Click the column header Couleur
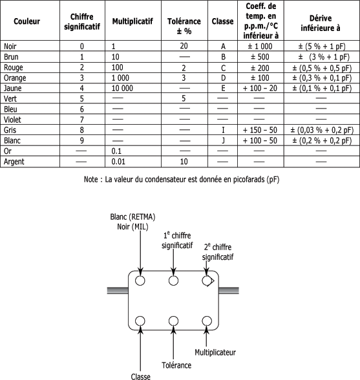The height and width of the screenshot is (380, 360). (26, 21)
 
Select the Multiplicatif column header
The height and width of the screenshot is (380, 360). (132, 21)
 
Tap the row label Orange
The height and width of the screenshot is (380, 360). (15, 78)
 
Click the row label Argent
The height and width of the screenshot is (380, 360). (14, 162)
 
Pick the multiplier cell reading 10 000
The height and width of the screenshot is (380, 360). (122, 88)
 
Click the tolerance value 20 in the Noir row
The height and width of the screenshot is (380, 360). (184, 46)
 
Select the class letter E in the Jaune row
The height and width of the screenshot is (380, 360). (223, 88)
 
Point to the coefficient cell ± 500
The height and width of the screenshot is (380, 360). (260, 57)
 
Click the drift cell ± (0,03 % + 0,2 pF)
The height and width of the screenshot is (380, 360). (322, 131)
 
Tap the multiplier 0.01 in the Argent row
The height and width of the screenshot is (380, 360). (118, 162)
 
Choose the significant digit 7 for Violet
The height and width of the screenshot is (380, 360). (81, 120)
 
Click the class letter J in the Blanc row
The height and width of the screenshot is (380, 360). (223, 141)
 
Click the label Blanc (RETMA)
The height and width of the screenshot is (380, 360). (132, 217)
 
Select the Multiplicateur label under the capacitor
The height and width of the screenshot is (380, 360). (215, 352)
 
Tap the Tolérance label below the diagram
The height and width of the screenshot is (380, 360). (176, 365)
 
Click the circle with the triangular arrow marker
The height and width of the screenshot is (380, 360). (207, 281)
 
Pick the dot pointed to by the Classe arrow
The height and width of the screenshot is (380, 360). (140, 321)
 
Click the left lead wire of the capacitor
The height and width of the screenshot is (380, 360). (118, 291)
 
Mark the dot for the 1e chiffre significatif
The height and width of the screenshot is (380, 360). (173, 281)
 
